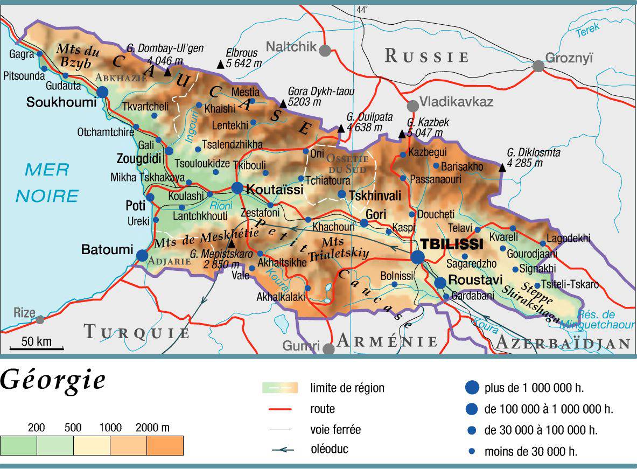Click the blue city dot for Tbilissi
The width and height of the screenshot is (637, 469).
click(x=417, y=257)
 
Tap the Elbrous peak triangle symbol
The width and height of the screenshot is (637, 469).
click(x=220, y=65)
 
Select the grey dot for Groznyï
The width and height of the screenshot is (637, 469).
click(x=538, y=66)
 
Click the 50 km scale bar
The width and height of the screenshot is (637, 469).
click(x=37, y=349)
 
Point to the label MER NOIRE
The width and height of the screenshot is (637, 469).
click(x=47, y=183)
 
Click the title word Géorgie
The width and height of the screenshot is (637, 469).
click(x=52, y=381)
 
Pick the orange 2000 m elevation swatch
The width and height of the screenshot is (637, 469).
click(x=165, y=445)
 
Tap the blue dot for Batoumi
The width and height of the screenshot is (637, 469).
click(x=142, y=255)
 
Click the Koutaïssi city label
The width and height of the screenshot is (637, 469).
click(x=275, y=190)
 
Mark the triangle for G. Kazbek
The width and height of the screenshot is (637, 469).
click(x=402, y=134)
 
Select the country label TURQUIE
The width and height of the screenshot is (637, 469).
click(x=137, y=332)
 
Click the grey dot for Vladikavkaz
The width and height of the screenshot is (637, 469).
click(x=412, y=106)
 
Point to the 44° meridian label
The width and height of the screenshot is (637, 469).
click(x=362, y=10)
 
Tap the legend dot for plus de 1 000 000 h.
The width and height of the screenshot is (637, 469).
click(x=472, y=387)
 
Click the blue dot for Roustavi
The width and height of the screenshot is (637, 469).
click(x=440, y=282)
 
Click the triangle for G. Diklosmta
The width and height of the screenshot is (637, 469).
click(x=502, y=168)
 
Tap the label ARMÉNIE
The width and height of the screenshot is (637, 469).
click(x=387, y=341)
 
